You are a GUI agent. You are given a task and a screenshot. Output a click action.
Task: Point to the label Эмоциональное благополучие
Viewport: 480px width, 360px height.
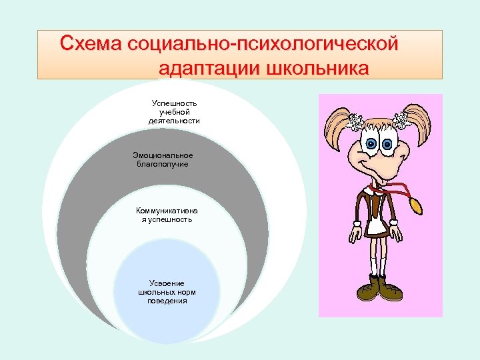(x=163, y=159)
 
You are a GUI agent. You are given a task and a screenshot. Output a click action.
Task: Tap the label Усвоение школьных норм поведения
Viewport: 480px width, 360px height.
(x=167, y=291)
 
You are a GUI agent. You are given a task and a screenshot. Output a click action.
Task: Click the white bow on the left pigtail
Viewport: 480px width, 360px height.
(x=353, y=121)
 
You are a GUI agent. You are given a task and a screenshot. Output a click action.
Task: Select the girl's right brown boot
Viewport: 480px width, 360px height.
(x=390, y=288)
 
